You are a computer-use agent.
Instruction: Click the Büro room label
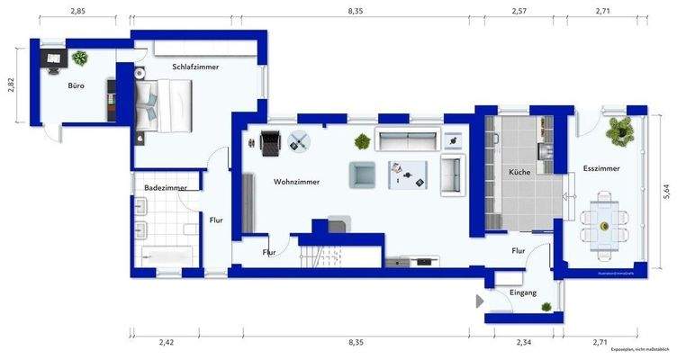pyautogui.click(x=77, y=87)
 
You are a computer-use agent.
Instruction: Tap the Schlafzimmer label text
pyautogui.click(x=195, y=67)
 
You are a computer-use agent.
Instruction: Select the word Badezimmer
pyautogui.click(x=165, y=187)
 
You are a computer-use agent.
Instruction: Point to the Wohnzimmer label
pyautogui.click(x=296, y=181)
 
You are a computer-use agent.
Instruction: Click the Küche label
pyautogui.click(x=519, y=172)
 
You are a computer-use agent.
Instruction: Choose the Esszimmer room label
pyautogui.click(x=600, y=167)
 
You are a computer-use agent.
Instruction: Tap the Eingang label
pyautogui.click(x=522, y=292)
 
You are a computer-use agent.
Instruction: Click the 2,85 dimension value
pyautogui.click(x=77, y=11)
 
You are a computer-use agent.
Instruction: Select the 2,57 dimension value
pyautogui.click(x=519, y=11)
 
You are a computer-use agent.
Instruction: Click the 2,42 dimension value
pyautogui.click(x=166, y=343)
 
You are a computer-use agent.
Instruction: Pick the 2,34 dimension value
pyautogui.click(x=522, y=343)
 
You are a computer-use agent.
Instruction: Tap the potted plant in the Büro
pyautogui.click(x=80, y=58)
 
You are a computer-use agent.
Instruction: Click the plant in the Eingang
pyautogui.click(x=546, y=307)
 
